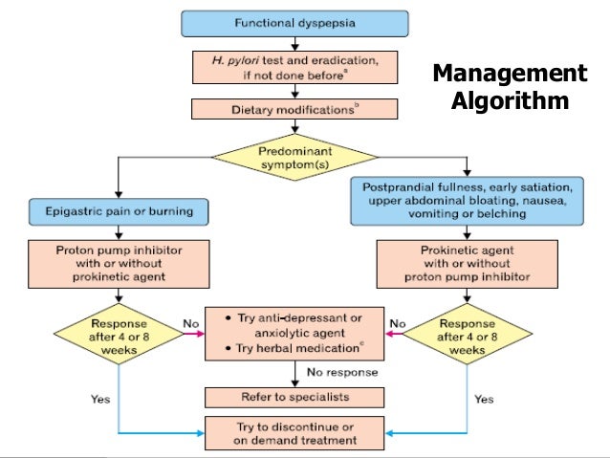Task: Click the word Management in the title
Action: [x=509, y=75]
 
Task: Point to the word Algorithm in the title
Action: [x=509, y=101]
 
